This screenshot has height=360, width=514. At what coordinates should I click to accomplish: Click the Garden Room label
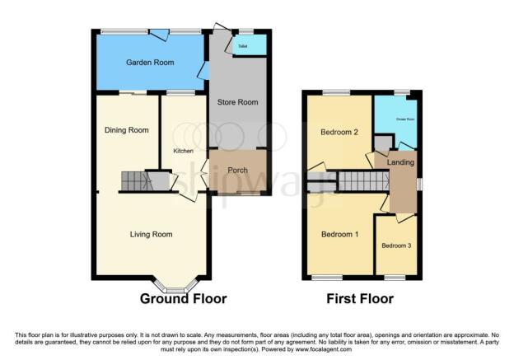click(x=149, y=63)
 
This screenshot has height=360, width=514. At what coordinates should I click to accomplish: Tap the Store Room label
click(x=237, y=103)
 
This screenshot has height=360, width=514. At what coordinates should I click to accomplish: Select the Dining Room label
click(x=126, y=130)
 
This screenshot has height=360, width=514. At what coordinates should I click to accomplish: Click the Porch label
click(x=238, y=171)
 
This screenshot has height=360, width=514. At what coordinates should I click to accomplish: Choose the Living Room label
click(x=151, y=235)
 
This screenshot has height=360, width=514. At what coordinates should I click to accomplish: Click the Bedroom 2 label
click(x=339, y=132)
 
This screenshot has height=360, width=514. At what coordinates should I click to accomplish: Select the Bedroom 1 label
click(x=339, y=235)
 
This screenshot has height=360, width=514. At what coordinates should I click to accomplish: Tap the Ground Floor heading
click(x=184, y=298)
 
